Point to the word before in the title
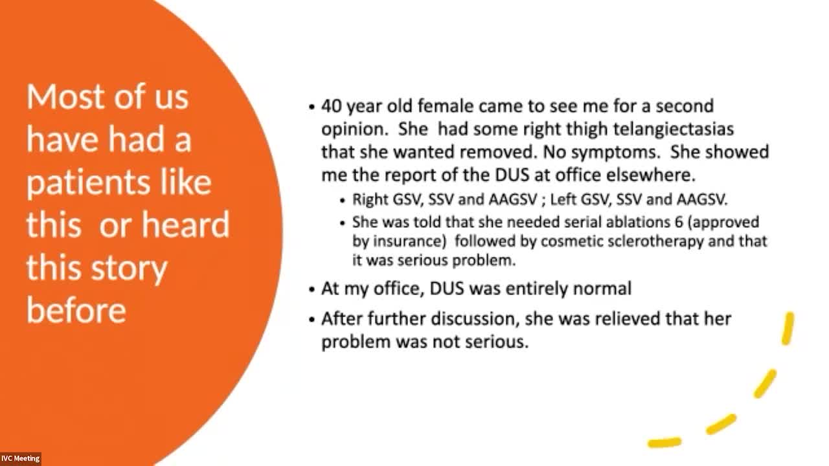click(76, 310)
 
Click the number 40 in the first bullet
click(331, 107)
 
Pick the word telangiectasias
click(673, 129)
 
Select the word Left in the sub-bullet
click(563, 200)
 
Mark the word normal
click(602, 289)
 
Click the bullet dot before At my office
click(312, 289)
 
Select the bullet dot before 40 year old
click(312, 107)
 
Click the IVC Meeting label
click(20, 459)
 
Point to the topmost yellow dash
click(788, 328)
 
